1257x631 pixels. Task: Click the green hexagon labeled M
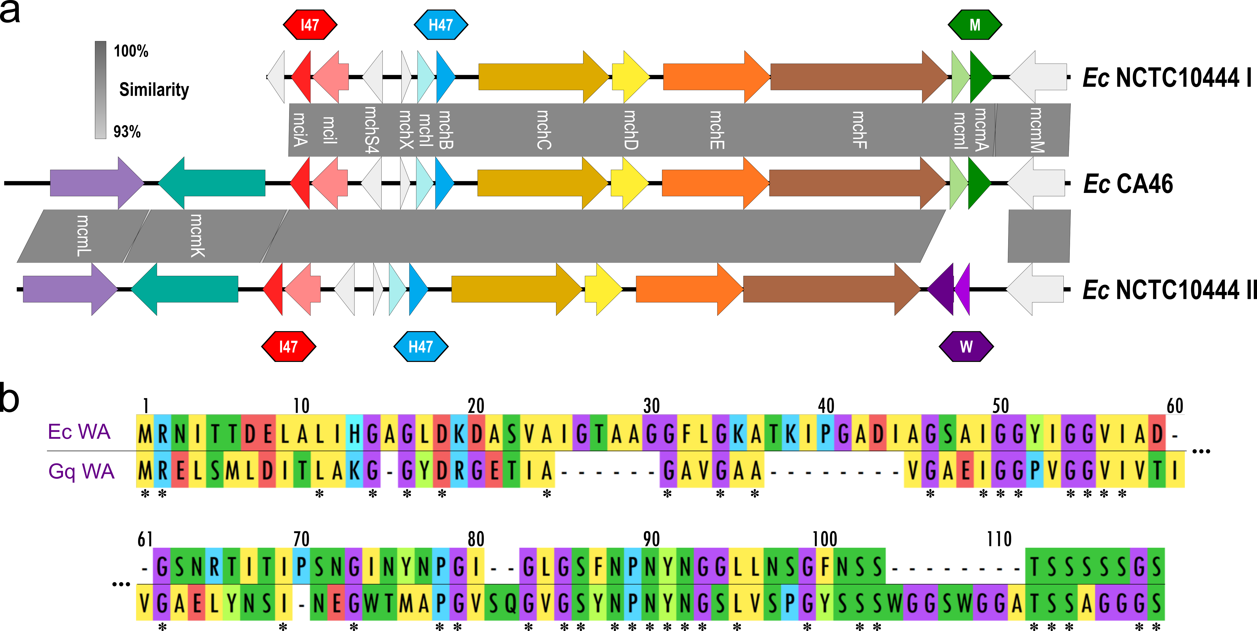pyautogui.click(x=975, y=24)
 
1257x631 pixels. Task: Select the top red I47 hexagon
pyautogui.click(x=310, y=24)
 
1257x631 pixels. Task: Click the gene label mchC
pyautogui.click(x=543, y=130)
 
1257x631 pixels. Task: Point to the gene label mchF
pyautogui.click(x=859, y=130)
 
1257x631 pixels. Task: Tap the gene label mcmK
pyautogui.click(x=197, y=236)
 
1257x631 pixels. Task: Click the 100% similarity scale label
pyautogui.click(x=131, y=51)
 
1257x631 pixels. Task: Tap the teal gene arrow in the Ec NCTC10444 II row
pyautogui.click(x=185, y=289)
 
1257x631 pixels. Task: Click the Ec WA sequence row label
pyautogui.click(x=79, y=432)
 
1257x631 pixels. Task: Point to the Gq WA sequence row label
pyautogui.click(x=81, y=471)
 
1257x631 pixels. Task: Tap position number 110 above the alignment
pyautogui.click(x=999, y=539)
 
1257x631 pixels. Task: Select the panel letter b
pyautogui.click(x=10, y=398)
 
